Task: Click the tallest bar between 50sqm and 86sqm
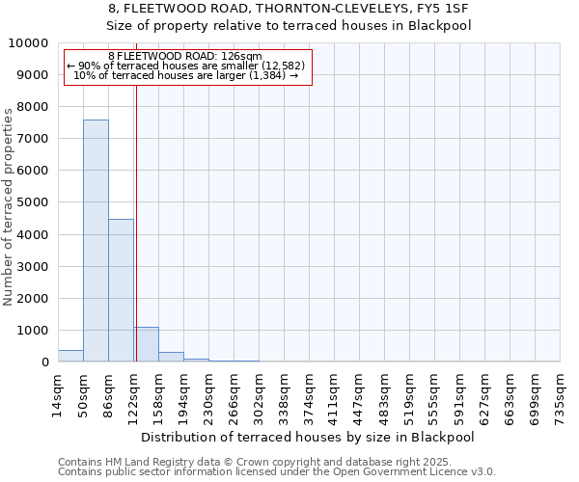pyautogui.click(x=96, y=241)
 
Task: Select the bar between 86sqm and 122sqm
pyautogui.click(x=121, y=290)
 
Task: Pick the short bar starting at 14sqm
pyautogui.click(x=70, y=356)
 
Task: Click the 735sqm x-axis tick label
pyautogui.click(x=560, y=395)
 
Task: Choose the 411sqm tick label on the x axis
pyautogui.click(x=334, y=395)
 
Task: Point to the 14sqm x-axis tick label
pyautogui.click(x=58, y=395)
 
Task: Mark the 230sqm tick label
pyautogui.click(x=208, y=395)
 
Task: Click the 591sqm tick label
pyautogui.click(x=459, y=395)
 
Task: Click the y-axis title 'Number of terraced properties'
pyautogui.click(x=9, y=207)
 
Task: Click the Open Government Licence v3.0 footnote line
pyautogui.click(x=277, y=472)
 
